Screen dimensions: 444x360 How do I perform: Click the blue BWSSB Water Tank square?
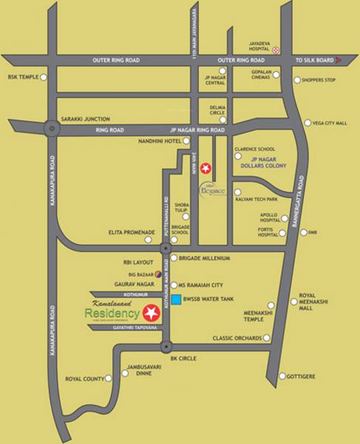(x=177, y=299)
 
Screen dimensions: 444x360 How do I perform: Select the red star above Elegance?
(x=206, y=167)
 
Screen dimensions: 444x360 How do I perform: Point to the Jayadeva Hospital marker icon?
(x=276, y=50)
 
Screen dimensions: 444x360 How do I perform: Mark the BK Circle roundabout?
(x=165, y=346)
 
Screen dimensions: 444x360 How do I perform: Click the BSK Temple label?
(x=21, y=76)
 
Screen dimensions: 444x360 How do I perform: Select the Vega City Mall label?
(x=330, y=124)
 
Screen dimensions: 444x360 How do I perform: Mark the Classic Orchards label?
(x=237, y=338)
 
